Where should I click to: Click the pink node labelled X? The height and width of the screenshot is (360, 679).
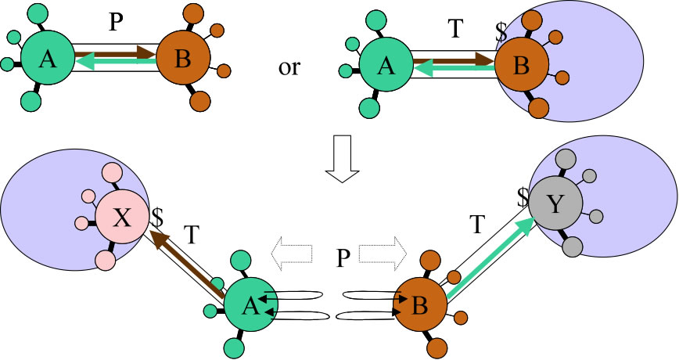coord(122,218)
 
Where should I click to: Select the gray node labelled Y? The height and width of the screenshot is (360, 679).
coord(555,206)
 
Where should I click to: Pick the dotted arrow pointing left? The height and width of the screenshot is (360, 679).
coord(291,252)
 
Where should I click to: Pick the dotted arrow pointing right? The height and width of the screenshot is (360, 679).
coord(383,252)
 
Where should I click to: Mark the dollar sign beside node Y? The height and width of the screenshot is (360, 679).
coord(522,196)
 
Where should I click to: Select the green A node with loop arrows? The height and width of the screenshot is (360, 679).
coord(250,306)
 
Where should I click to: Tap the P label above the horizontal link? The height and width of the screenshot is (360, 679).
coord(115,23)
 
